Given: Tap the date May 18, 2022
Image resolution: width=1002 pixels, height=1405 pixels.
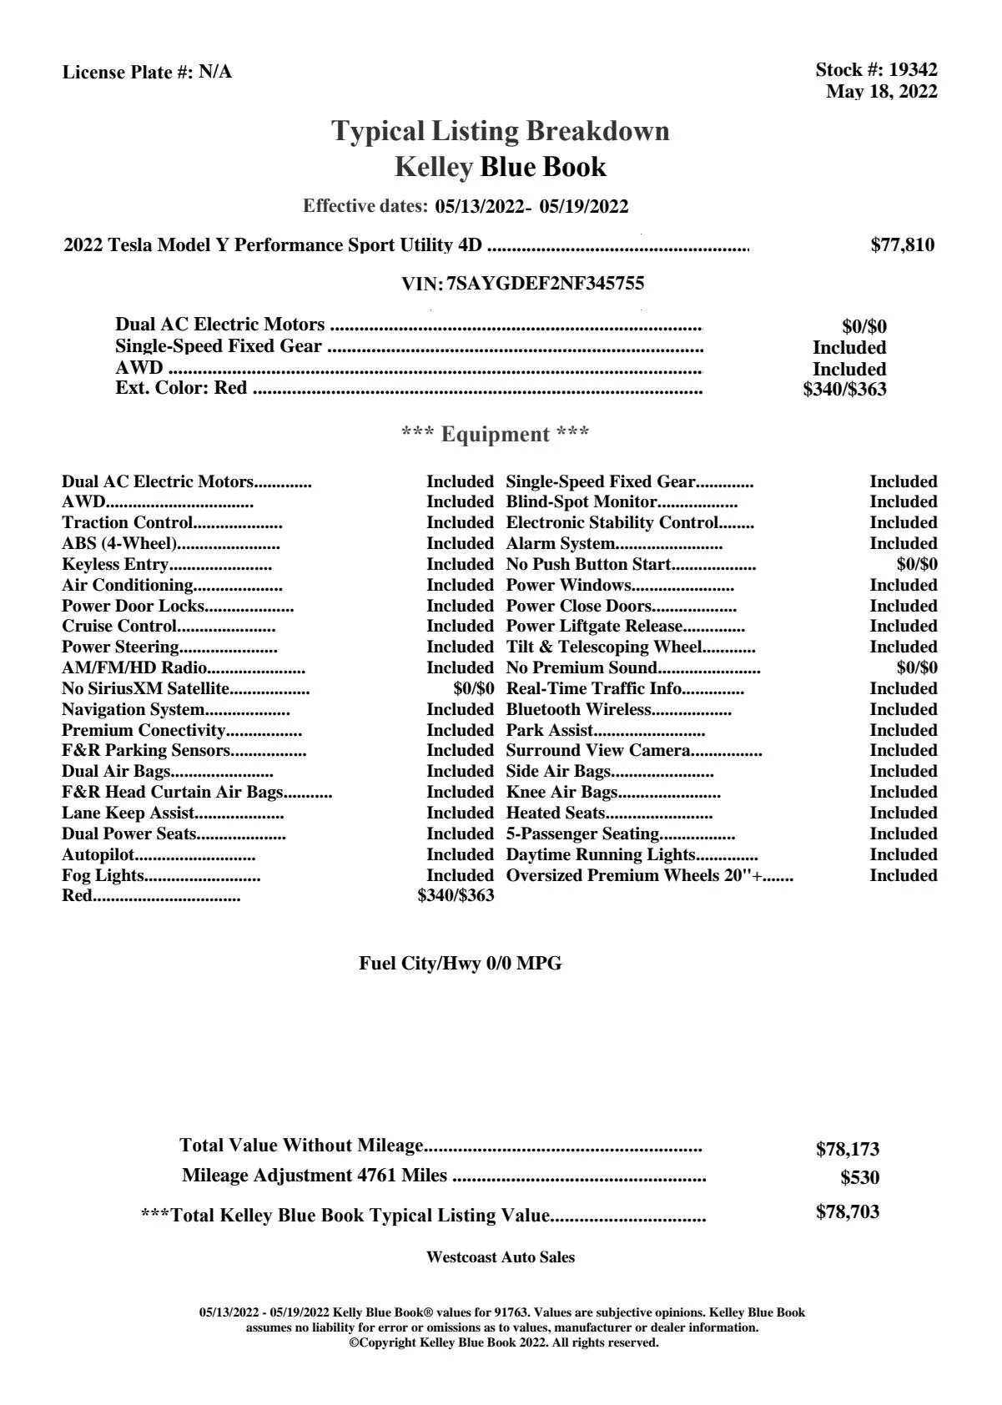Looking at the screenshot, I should (881, 92).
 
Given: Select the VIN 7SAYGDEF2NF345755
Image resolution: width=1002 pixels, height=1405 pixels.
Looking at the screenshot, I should (546, 284).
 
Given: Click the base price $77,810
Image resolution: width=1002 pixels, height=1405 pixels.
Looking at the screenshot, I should (903, 245).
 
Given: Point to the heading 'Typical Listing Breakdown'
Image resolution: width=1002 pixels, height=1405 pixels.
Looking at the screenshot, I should (501, 131).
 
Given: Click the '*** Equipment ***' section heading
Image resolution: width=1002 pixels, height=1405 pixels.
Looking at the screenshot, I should (496, 435).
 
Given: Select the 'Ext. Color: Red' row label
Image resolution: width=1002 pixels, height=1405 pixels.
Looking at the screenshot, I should (181, 388).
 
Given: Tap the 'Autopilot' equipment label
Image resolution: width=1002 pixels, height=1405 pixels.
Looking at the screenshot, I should (98, 854).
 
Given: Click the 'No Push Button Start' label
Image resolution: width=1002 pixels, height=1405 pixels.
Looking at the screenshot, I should (589, 564).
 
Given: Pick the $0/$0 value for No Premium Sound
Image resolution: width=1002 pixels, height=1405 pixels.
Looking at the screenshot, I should (916, 667).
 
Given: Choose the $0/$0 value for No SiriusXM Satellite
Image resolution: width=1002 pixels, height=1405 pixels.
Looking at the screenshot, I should (473, 688).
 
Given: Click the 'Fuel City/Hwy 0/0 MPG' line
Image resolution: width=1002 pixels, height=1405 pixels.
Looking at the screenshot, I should (461, 964).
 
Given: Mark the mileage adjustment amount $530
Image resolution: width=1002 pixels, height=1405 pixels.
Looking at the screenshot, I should (859, 1178).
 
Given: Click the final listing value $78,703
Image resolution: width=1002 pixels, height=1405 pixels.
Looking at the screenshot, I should (847, 1212).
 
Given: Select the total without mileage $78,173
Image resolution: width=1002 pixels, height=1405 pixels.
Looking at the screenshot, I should (847, 1150).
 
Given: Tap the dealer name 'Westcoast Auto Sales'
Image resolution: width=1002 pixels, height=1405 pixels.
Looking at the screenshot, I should (501, 1257).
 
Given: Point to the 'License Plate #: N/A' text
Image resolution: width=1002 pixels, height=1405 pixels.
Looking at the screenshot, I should (148, 73).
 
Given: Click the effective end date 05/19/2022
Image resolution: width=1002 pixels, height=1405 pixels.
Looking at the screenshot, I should (584, 207).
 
